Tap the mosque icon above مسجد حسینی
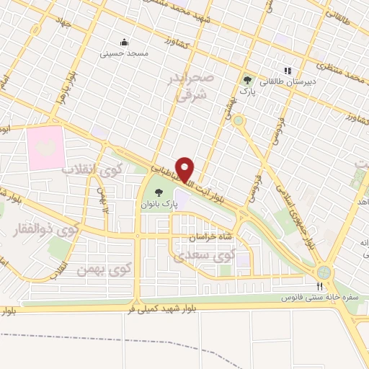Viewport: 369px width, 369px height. tap(124, 42)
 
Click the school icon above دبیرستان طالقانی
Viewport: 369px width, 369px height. tap(287, 71)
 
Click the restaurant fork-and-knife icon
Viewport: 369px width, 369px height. tap(320, 286)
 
